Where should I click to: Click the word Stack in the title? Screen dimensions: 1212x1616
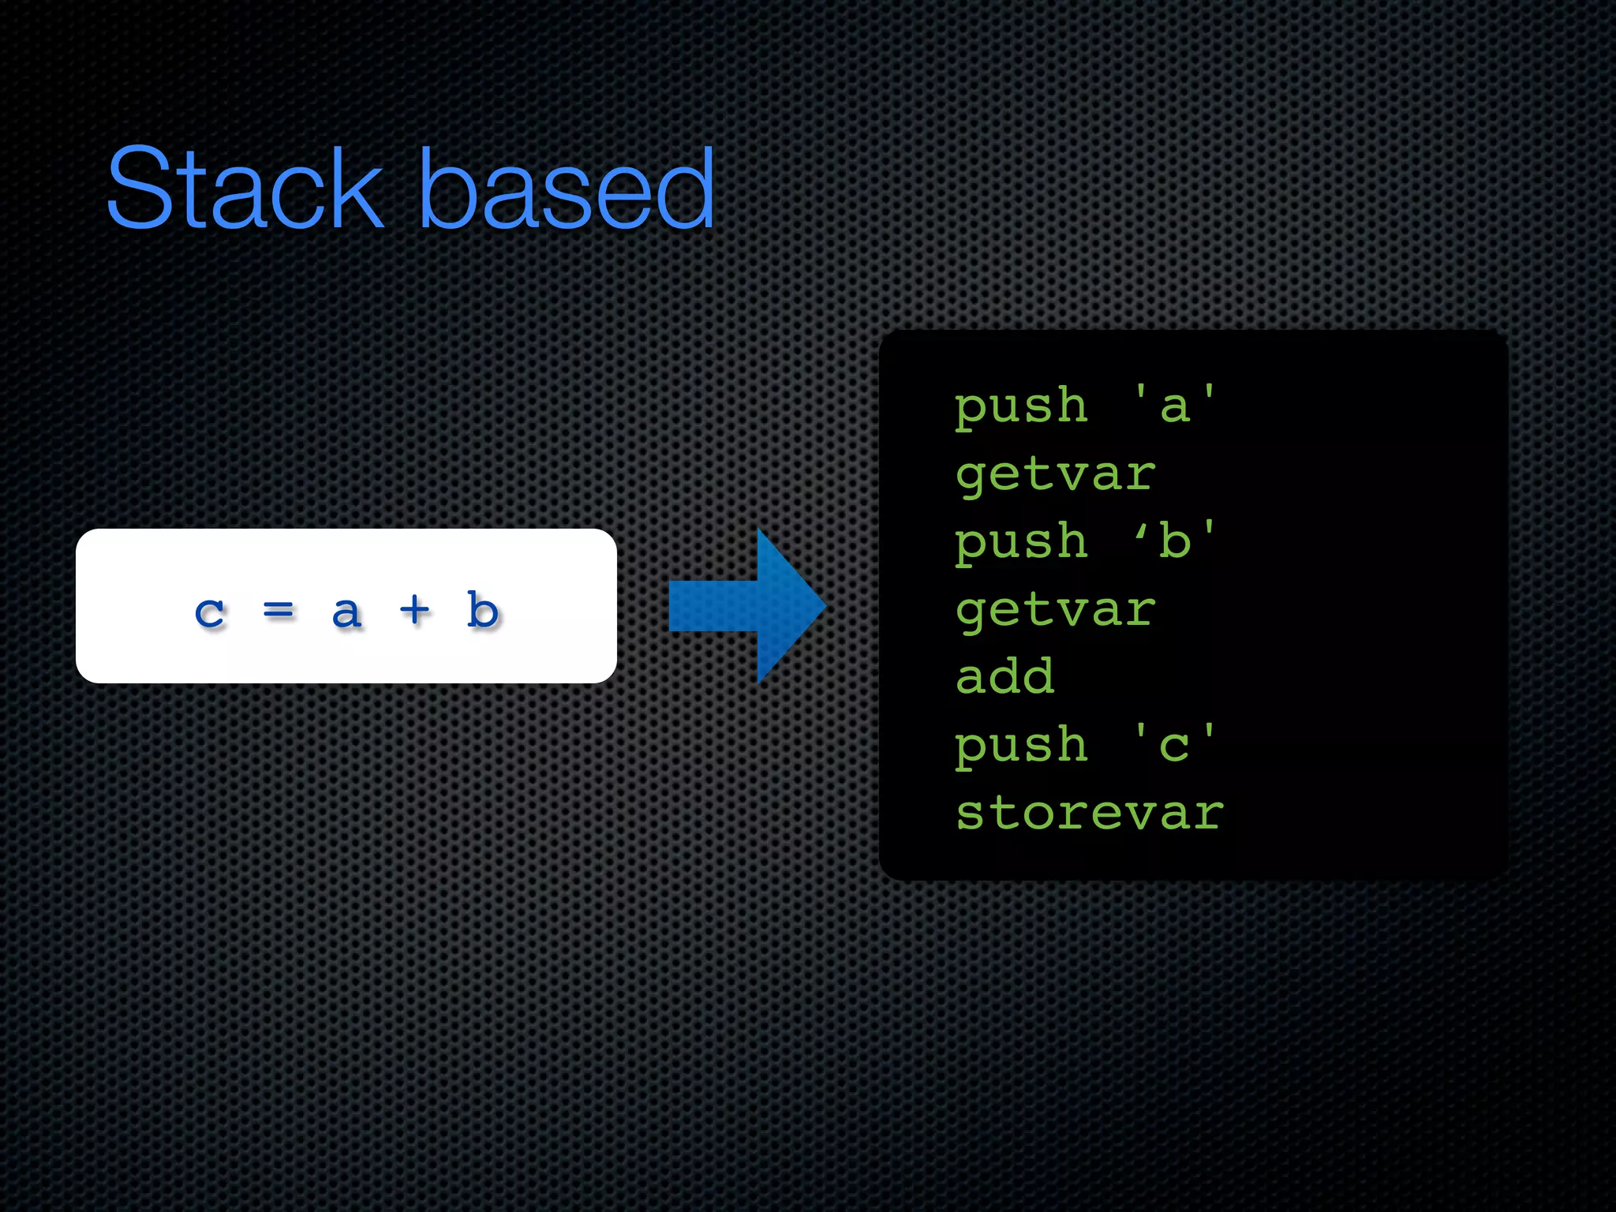click(x=245, y=189)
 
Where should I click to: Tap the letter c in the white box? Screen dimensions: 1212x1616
click(x=210, y=612)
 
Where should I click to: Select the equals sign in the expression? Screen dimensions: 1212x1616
click(x=278, y=609)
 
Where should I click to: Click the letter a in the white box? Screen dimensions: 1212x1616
click(x=346, y=612)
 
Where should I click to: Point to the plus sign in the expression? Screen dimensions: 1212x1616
click(x=414, y=609)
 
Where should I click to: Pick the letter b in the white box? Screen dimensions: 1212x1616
click(x=482, y=609)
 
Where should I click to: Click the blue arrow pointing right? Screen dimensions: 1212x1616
click(x=746, y=606)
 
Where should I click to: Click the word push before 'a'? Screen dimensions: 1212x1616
click(x=1021, y=407)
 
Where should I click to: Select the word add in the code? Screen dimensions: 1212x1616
click(x=1004, y=677)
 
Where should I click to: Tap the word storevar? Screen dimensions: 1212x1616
click(x=1089, y=813)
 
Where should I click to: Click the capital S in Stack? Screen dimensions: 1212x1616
click(x=140, y=189)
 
